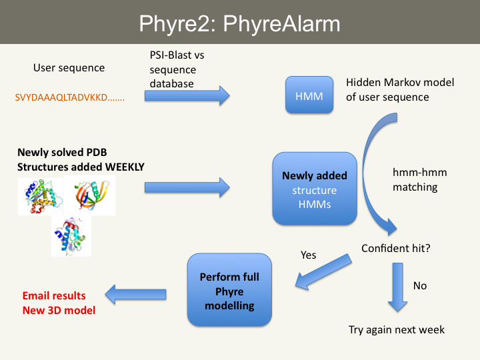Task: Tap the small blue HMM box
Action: (308, 97)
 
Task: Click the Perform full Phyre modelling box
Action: (229, 291)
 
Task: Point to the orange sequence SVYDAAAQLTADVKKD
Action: (69, 97)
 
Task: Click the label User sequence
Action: (69, 68)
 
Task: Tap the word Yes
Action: (309, 255)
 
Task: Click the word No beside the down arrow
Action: (420, 285)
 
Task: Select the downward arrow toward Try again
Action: (397, 287)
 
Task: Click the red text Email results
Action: (54, 295)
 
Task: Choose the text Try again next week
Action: (397, 329)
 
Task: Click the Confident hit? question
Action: (396, 248)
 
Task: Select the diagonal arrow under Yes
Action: (324, 273)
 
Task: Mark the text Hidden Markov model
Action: (400, 83)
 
